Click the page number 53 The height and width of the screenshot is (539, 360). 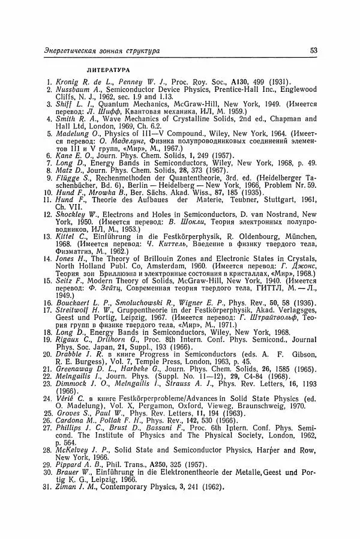[x=314, y=51]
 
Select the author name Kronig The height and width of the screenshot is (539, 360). [x=68, y=82]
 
